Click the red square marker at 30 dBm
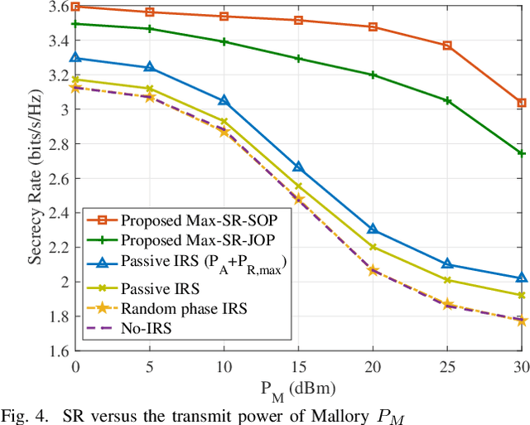[521, 103]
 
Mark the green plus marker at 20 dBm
[373, 75]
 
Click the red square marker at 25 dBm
[447, 46]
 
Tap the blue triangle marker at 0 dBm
[75, 58]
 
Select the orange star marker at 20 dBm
[373, 270]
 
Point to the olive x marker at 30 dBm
[521, 295]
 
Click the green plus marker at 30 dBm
[521, 153]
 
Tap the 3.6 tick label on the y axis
[58, 6]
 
